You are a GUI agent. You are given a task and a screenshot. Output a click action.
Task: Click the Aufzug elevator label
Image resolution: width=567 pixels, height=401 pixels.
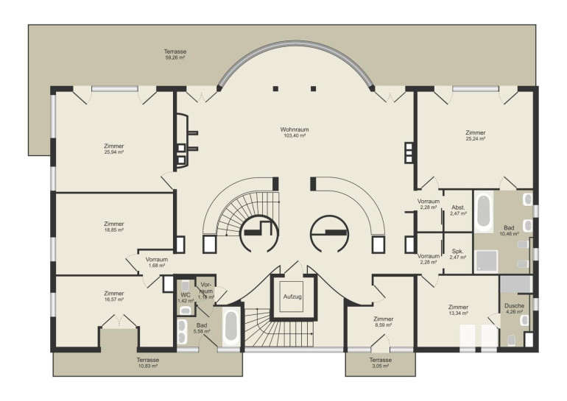[x=292, y=297]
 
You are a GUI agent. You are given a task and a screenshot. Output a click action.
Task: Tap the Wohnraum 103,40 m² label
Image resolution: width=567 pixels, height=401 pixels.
[x=295, y=132]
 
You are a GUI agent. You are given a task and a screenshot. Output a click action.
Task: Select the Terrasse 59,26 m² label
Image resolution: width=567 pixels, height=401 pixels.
[x=175, y=54]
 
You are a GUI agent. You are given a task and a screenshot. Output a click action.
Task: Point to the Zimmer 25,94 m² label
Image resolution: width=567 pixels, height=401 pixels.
[x=114, y=149]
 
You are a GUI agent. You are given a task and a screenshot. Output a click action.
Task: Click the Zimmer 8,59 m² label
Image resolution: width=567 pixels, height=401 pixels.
[x=384, y=322]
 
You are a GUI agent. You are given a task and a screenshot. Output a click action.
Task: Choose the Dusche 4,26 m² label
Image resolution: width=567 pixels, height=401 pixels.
[x=514, y=308]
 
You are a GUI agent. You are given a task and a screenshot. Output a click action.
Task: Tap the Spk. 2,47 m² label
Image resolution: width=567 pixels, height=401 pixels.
[x=457, y=254]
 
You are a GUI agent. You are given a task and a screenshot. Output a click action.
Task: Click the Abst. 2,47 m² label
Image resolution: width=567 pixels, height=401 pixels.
[x=458, y=210]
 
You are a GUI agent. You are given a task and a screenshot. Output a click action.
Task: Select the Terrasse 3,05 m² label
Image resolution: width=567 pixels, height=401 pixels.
[x=381, y=363]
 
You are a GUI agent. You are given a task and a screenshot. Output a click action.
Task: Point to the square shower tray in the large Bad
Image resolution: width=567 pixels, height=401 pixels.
[x=486, y=260]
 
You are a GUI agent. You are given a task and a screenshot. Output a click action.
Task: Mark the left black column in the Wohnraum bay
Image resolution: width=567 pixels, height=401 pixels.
[x=275, y=88]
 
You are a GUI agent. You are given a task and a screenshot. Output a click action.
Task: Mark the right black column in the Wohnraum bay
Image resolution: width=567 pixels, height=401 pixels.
[x=313, y=88]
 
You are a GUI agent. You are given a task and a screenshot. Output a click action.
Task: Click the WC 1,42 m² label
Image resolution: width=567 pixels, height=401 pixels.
[x=186, y=297]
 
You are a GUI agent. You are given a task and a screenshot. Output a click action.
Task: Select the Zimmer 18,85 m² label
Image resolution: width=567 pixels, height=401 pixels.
[x=114, y=227]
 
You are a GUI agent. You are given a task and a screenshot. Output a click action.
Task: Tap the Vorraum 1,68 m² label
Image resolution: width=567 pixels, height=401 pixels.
[x=157, y=262]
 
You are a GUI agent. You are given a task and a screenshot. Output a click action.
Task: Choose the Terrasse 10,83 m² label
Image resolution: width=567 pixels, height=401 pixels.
[x=147, y=363]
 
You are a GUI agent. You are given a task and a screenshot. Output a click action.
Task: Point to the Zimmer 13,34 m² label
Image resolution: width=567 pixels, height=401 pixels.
[x=458, y=310]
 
